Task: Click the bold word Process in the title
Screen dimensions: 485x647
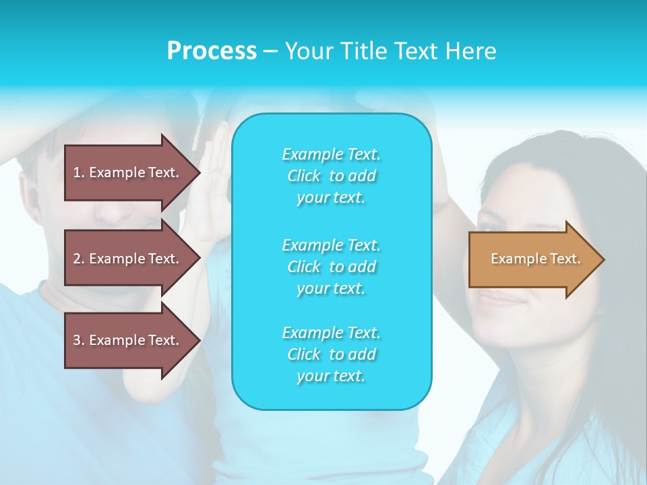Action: click(212, 51)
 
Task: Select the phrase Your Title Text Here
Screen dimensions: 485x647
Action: click(390, 51)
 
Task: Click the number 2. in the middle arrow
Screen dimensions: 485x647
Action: click(78, 259)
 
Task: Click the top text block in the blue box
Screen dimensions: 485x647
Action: click(332, 176)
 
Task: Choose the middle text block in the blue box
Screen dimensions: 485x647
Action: click(332, 266)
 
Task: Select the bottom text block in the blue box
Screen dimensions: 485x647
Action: click(332, 354)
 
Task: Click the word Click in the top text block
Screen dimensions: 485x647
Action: click(304, 176)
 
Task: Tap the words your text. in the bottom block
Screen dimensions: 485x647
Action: click(331, 376)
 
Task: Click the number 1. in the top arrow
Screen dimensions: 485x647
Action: click(78, 172)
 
